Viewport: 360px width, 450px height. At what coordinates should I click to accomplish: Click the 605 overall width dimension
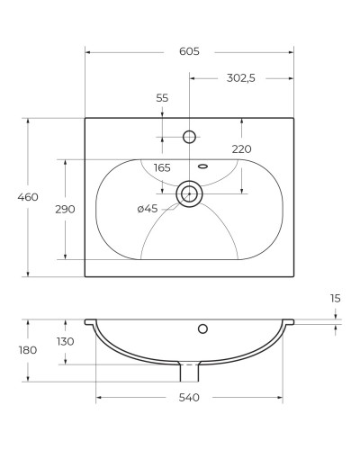189,52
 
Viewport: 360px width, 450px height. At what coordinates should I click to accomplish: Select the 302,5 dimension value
241,78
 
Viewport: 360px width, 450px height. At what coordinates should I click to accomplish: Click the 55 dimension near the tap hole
162,98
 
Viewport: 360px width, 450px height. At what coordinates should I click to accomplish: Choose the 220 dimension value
241,148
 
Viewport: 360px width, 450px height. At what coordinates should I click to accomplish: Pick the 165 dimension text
162,167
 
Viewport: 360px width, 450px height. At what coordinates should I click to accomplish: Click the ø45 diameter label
148,209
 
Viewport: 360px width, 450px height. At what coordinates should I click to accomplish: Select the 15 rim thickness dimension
335,298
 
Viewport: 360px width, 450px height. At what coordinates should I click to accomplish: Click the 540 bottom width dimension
189,397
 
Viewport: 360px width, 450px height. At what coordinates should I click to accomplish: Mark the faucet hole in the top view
190,137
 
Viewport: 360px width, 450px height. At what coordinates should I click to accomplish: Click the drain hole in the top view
189,193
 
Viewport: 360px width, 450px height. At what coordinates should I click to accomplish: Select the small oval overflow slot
202,166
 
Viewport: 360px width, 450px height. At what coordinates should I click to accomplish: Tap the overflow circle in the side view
202,328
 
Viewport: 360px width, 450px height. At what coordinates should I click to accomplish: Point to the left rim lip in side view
90,321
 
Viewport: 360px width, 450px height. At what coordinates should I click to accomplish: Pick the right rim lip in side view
289,321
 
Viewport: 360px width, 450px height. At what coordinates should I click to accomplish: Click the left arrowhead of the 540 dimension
99,397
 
